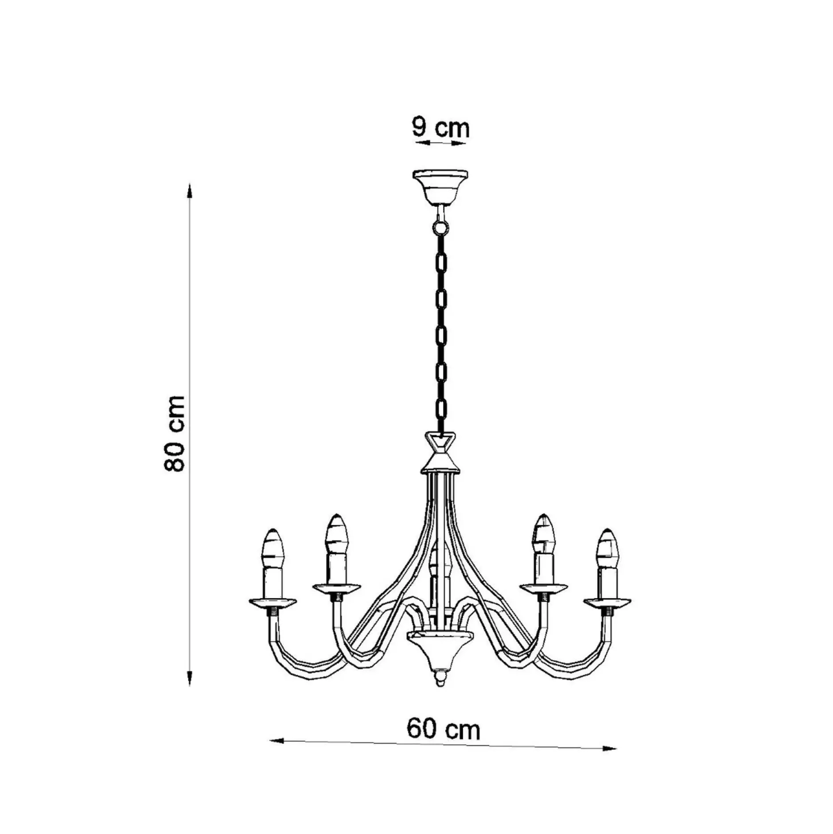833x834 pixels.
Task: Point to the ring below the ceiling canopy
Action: [x=440, y=228]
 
